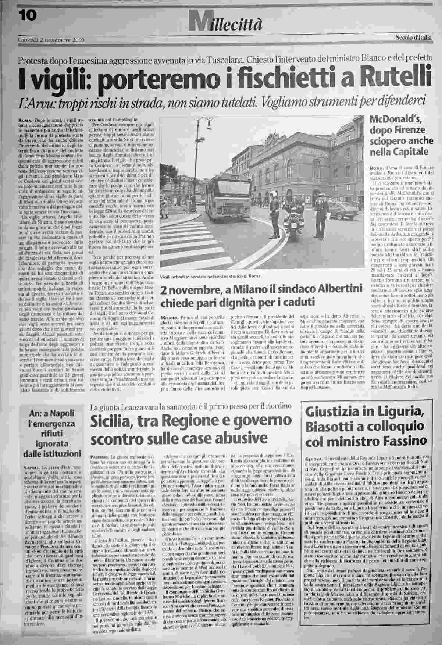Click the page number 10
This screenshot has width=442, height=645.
(27, 15)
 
